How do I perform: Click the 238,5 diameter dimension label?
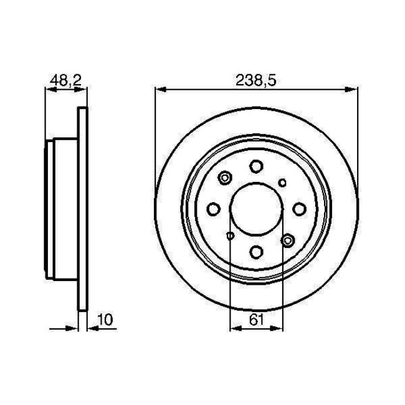(255, 79)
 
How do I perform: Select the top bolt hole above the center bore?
(256, 166)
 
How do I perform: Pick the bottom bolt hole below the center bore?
(256, 252)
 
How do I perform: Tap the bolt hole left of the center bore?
(213, 209)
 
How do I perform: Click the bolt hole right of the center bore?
(299, 209)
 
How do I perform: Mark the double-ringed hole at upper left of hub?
(225, 179)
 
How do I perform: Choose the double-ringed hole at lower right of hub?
(287, 239)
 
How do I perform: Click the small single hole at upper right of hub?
(282, 183)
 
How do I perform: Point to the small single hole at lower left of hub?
(230, 236)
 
